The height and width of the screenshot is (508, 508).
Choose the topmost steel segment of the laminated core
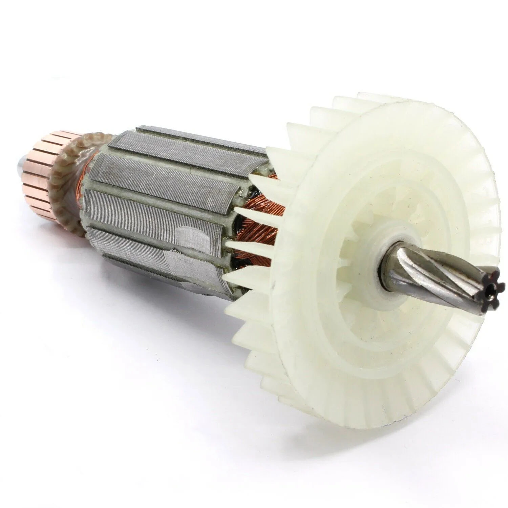coord(200,135)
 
